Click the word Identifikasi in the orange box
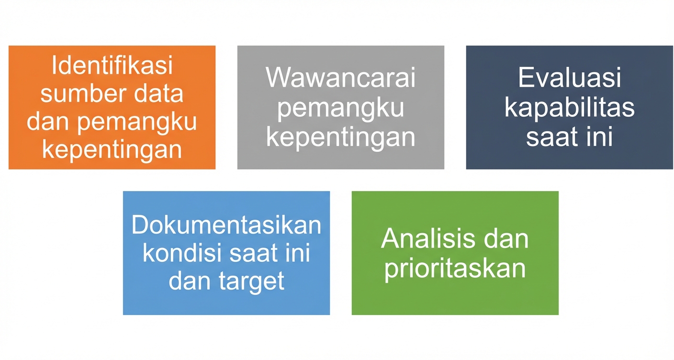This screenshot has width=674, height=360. (x=112, y=66)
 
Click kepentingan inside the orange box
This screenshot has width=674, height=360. (x=112, y=149)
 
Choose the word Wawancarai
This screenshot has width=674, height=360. (x=340, y=78)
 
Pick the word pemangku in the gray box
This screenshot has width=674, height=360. (x=340, y=108)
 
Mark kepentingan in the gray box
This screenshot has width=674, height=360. (x=340, y=137)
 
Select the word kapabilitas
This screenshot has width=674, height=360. (x=569, y=108)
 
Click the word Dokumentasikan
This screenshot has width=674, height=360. (x=226, y=225)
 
